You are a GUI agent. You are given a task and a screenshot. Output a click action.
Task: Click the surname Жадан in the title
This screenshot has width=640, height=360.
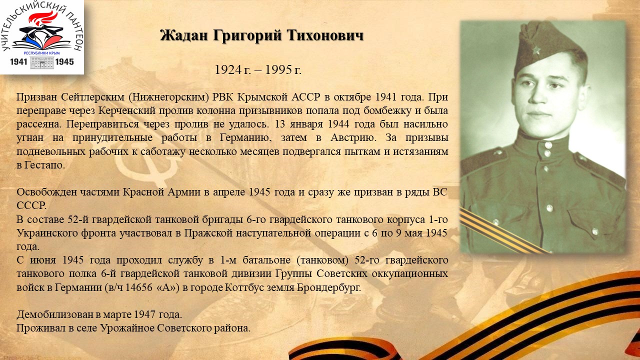(x=184, y=35)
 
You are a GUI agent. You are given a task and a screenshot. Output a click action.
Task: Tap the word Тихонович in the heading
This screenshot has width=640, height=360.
(x=325, y=35)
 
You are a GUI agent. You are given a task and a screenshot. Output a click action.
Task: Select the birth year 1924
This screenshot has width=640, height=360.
(x=228, y=69)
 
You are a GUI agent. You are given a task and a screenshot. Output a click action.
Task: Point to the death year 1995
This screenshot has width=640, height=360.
(x=279, y=69)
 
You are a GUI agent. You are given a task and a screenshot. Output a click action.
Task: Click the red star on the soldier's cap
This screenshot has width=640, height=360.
(x=536, y=50)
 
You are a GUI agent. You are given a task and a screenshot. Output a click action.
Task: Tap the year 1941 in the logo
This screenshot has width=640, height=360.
(x=18, y=61)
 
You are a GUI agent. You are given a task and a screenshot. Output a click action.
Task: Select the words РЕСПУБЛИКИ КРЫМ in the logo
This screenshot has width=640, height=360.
(x=41, y=53)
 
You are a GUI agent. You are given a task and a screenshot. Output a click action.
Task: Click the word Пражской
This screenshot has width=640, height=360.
(x=208, y=233)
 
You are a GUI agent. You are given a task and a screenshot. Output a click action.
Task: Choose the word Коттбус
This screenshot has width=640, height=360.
(x=244, y=287)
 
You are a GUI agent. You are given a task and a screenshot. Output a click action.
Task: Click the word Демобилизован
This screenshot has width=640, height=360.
(x=54, y=314)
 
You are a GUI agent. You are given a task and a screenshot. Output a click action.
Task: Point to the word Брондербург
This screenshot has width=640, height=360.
(x=329, y=287)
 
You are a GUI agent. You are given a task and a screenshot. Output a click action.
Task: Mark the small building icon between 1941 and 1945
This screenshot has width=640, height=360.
(x=42, y=62)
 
